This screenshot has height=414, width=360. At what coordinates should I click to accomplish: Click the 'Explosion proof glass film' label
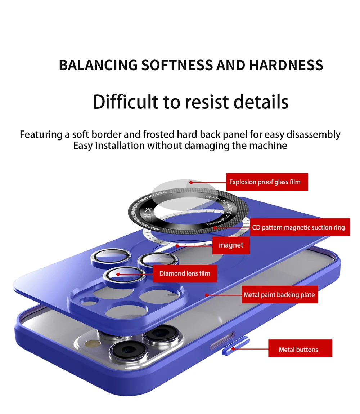[x=267, y=182]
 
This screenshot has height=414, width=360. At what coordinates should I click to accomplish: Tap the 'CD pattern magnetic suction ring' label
[x=300, y=227]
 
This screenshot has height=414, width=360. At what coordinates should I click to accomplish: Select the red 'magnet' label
[x=231, y=245]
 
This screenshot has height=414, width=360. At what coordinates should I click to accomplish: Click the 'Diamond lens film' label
[x=185, y=273]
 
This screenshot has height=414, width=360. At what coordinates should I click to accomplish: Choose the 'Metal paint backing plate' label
[x=279, y=295]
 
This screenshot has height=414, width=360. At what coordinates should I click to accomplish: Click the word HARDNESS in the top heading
[x=286, y=66]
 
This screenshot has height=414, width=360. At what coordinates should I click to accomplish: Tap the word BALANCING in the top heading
[x=98, y=66]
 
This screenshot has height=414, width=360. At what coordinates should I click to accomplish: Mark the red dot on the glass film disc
[x=191, y=182]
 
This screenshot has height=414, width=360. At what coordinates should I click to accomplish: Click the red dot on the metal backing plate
[x=207, y=295]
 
